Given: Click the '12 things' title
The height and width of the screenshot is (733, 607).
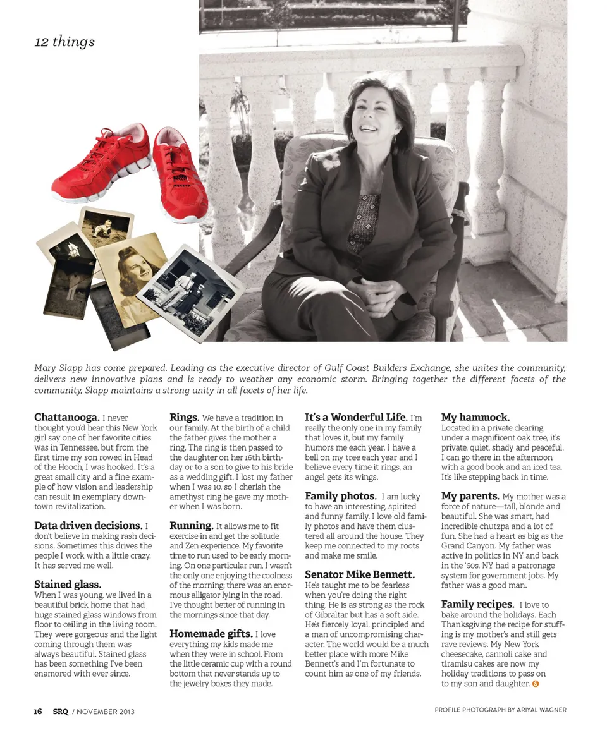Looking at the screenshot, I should click(x=64, y=42).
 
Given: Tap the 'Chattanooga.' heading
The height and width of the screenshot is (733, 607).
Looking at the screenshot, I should click(x=66, y=417).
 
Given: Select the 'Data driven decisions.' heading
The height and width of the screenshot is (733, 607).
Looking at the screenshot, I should click(x=88, y=525).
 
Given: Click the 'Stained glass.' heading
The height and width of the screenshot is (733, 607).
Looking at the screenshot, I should click(x=68, y=585).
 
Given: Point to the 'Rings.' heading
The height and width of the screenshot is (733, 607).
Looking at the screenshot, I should click(x=185, y=417).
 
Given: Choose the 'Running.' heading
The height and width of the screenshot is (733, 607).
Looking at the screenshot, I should click(x=191, y=525).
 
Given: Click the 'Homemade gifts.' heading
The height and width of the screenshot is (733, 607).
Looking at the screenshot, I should click(x=211, y=633).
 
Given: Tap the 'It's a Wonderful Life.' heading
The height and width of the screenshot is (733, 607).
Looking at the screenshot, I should click(x=356, y=417).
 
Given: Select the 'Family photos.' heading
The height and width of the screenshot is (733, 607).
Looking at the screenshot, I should click(x=341, y=496).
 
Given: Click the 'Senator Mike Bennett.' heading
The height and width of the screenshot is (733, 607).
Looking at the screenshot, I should click(x=360, y=574).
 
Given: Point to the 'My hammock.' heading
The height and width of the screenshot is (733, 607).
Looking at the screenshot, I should click(x=475, y=417).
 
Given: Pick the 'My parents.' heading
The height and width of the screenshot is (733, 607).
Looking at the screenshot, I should click(x=470, y=496).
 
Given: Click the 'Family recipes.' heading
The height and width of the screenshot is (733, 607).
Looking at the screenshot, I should click(x=477, y=604).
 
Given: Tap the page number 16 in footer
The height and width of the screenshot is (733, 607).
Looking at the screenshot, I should click(x=38, y=711).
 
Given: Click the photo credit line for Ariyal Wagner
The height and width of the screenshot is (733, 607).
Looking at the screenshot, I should click(x=500, y=710).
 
